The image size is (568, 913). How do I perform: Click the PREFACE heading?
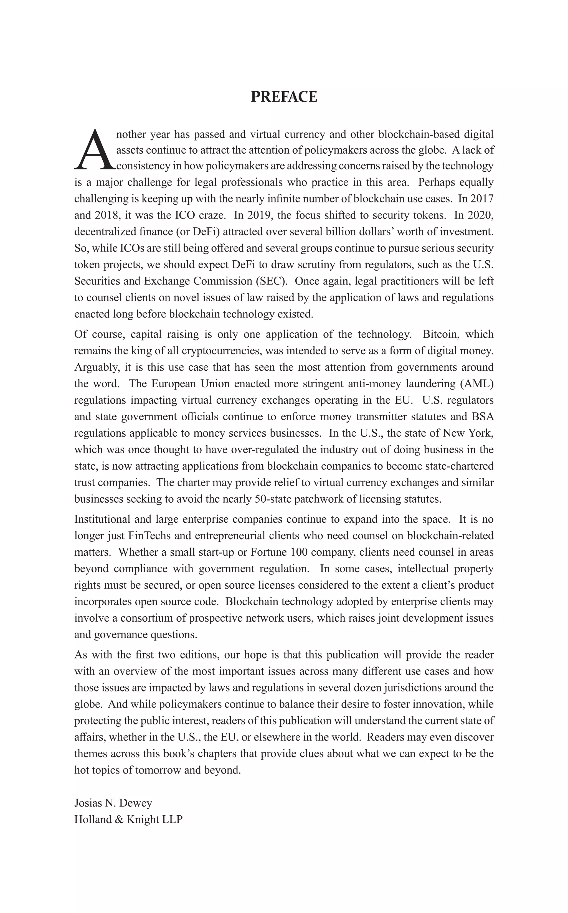pos(284,97)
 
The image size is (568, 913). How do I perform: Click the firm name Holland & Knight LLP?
pos(128,820)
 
